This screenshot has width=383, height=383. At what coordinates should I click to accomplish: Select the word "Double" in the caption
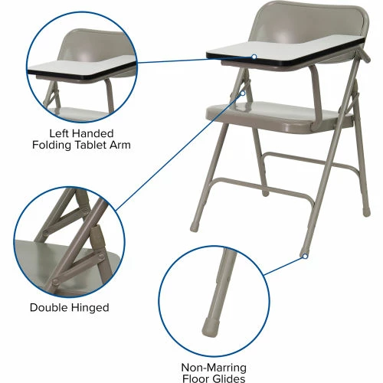[x=48, y=307]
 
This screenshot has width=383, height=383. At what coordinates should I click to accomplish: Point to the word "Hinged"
[x=90, y=308]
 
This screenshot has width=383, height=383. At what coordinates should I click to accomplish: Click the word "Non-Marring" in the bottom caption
[x=214, y=368]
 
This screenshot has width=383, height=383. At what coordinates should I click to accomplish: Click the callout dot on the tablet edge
[x=254, y=57]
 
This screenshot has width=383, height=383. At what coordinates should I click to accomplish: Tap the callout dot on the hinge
[x=243, y=93]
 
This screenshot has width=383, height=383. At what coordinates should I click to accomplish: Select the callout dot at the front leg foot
[x=305, y=256]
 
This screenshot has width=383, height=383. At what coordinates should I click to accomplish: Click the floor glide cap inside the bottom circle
[x=211, y=327]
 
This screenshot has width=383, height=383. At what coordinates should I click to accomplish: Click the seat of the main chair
[x=278, y=115]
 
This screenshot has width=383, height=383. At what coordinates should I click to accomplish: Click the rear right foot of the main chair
[x=366, y=212]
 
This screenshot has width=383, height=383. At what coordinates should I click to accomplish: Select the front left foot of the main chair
[x=193, y=227]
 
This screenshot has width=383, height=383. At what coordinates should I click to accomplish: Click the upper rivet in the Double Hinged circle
[x=84, y=211]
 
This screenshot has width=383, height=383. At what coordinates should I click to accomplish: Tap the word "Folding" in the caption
[x=51, y=146]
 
